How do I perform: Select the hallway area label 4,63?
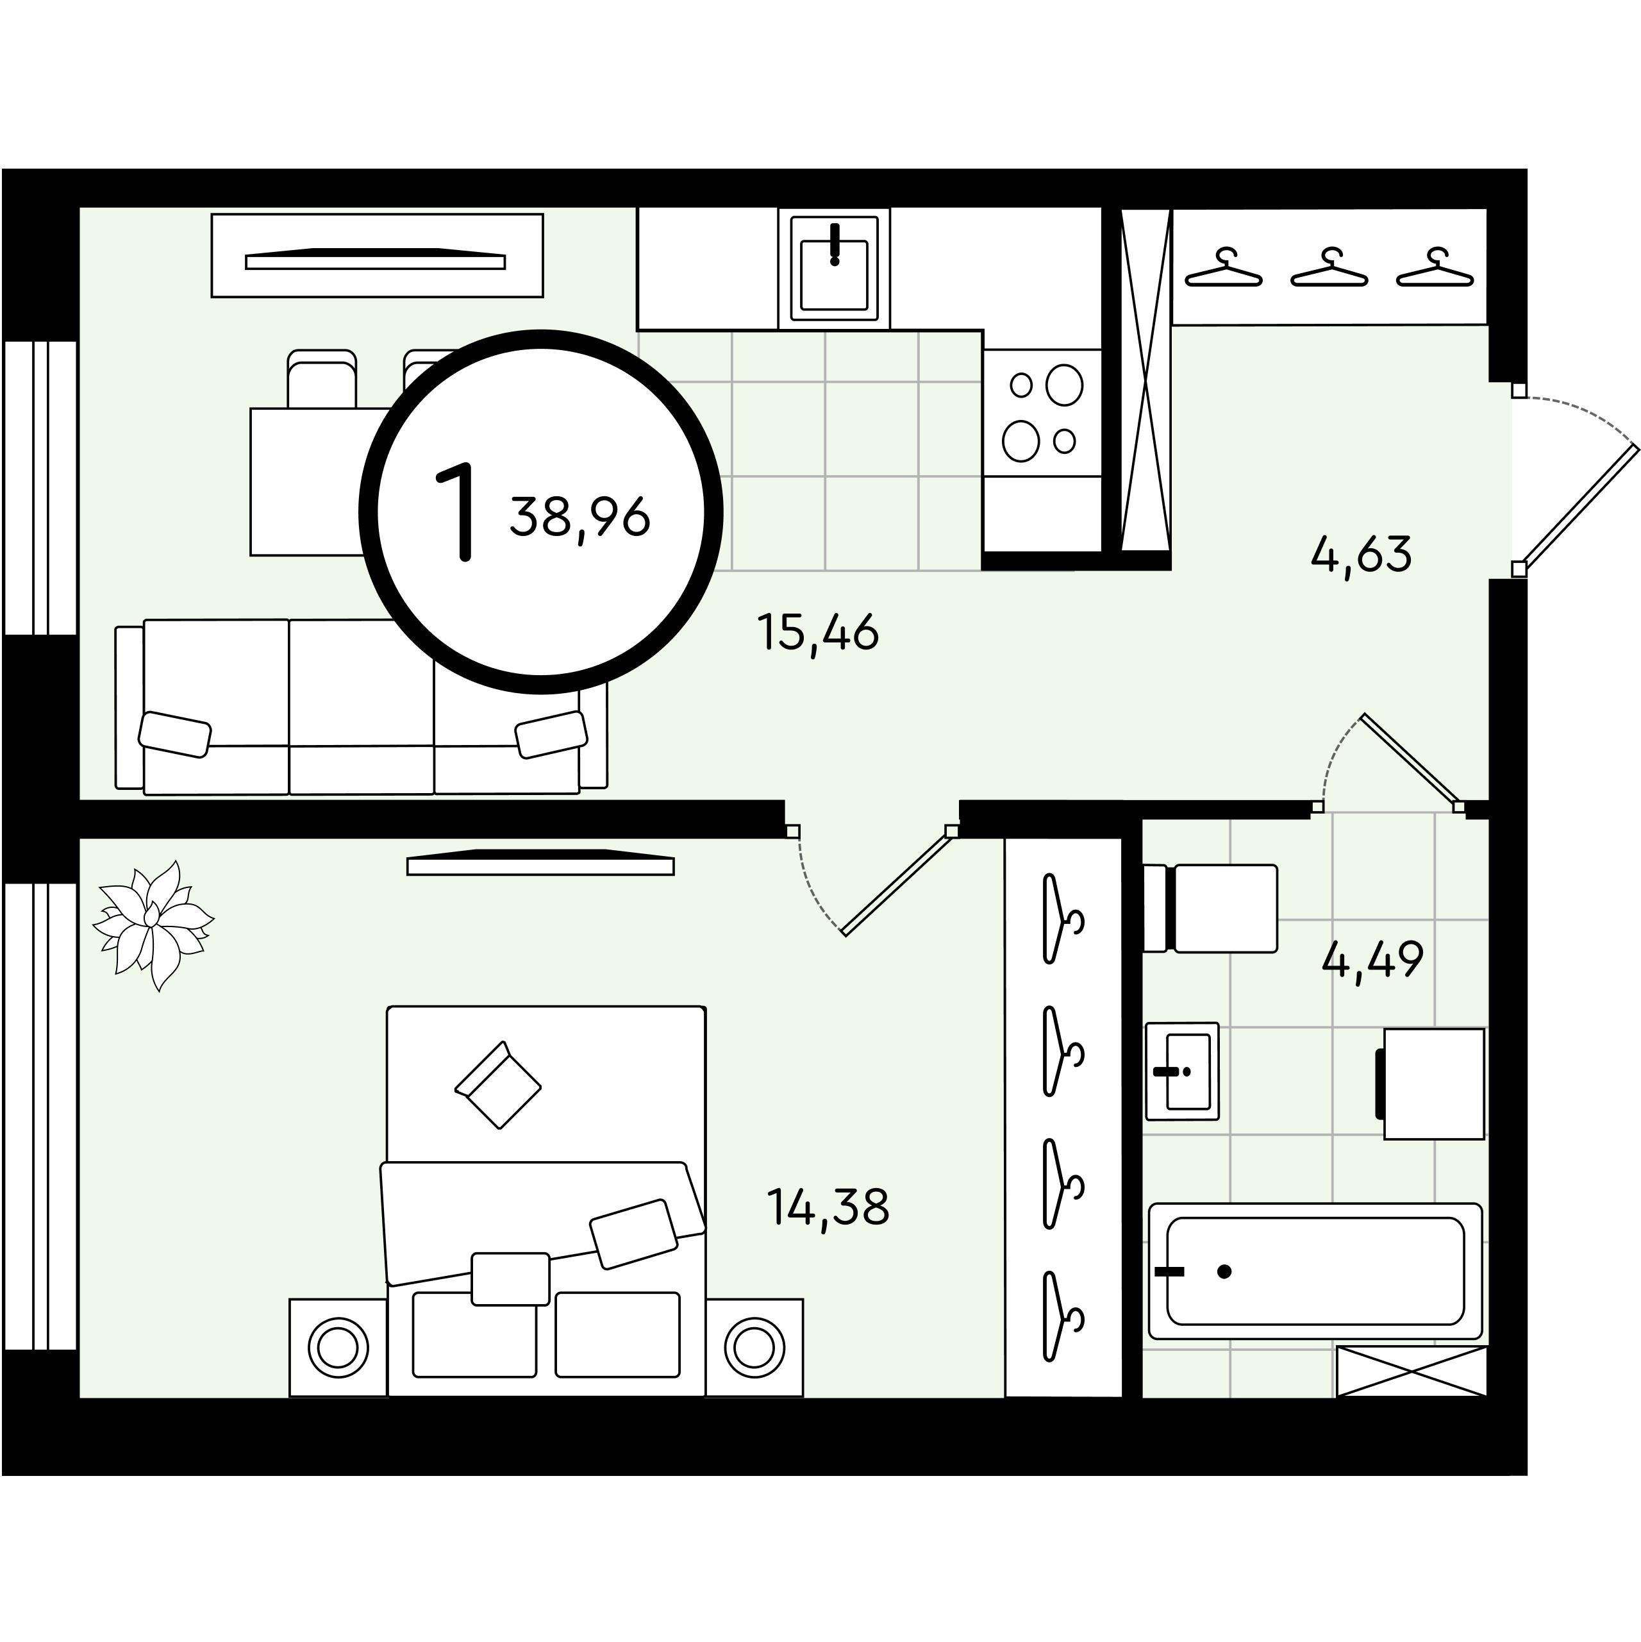pos(1362,554)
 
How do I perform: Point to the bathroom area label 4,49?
pos(1372,960)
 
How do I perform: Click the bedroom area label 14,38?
pos(828,1207)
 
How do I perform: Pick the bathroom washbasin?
pos(1182,1071)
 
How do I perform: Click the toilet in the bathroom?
pos(1210,909)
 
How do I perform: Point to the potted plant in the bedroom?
pos(153,925)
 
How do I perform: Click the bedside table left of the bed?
pos(338,1347)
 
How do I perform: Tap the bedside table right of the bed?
pos(754,1347)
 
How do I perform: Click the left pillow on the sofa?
pos(175,733)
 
